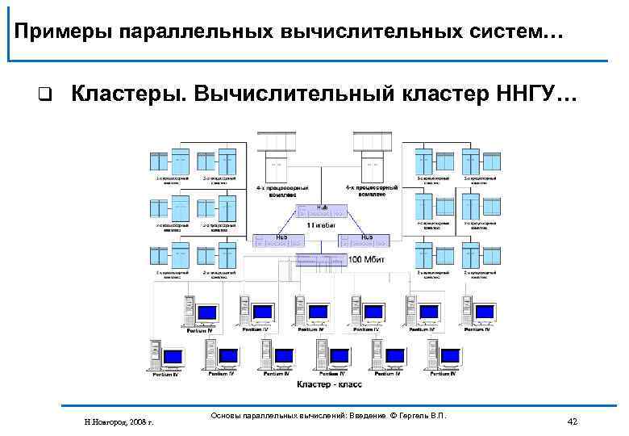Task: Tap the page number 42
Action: [573, 421]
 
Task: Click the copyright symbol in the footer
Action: [394, 415]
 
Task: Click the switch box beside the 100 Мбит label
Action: [321, 259]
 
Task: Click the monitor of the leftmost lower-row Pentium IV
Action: [173, 356]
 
